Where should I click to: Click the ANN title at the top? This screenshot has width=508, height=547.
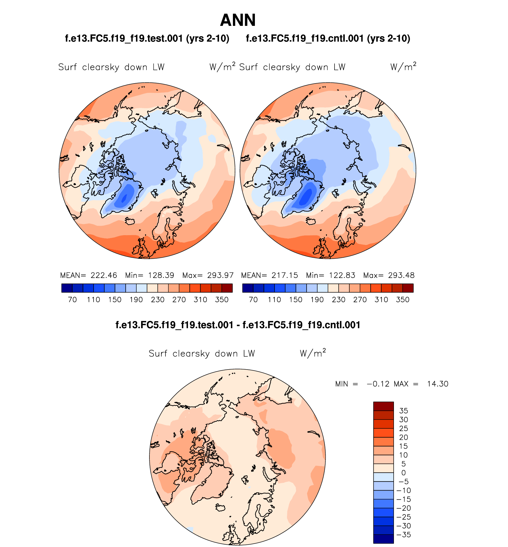pyautogui.click(x=238, y=20)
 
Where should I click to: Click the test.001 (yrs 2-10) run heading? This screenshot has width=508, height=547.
pyautogui.click(x=147, y=38)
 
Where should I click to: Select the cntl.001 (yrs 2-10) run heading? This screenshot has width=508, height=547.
pyautogui.click(x=328, y=38)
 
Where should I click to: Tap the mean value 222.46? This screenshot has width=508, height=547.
pyautogui.click(x=104, y=275)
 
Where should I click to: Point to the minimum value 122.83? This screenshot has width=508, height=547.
pyautogui.click(x=342, y=275)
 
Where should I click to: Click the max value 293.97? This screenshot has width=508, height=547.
pyautogui.click(x=220, y=275)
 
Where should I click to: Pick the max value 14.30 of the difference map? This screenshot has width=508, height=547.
pyautogui.click(x=438, y=384)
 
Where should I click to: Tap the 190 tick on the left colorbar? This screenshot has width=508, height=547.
pyautogui.click(x=136, y=300)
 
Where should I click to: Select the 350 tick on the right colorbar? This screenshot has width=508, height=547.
pyautogui.click(x=403, y=300)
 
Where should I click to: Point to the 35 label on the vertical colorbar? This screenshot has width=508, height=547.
pyautogui.click(x=403, y=411)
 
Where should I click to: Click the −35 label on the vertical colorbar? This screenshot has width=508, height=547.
pyautogui.click(x=403, y=535)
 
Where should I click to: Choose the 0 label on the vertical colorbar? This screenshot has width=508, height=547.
pyautogui.click(x=403, y=473)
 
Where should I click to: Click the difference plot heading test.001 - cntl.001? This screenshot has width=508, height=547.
pyautogui.click(x=238, y=325)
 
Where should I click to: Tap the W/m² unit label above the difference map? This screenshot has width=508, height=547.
pyautogui.click(x=313, y=353)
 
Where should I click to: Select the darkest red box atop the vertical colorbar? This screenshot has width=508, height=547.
pyautogui.click(x=383, y=406)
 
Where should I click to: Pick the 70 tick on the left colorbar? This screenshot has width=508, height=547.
pyautogui.click(x=72, y=300)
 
